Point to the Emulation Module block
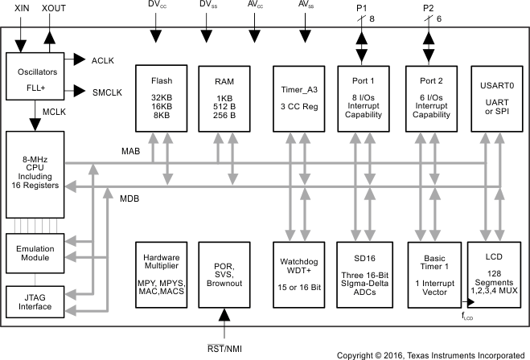tap(34, 252)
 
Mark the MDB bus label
tap(130, 198)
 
